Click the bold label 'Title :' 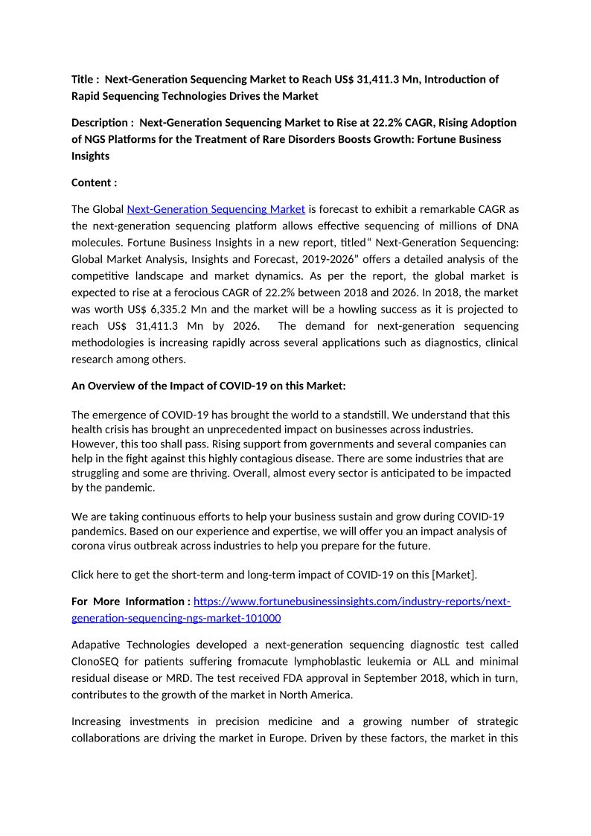click(x=86, y=79)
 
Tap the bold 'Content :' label click(x=94, y=182)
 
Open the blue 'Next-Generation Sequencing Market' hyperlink click(x=216, y=208)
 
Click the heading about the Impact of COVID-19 click(x=208, y=386)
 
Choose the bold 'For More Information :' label click(x=130, y=602)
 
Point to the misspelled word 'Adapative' click(x=97, y=645)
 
